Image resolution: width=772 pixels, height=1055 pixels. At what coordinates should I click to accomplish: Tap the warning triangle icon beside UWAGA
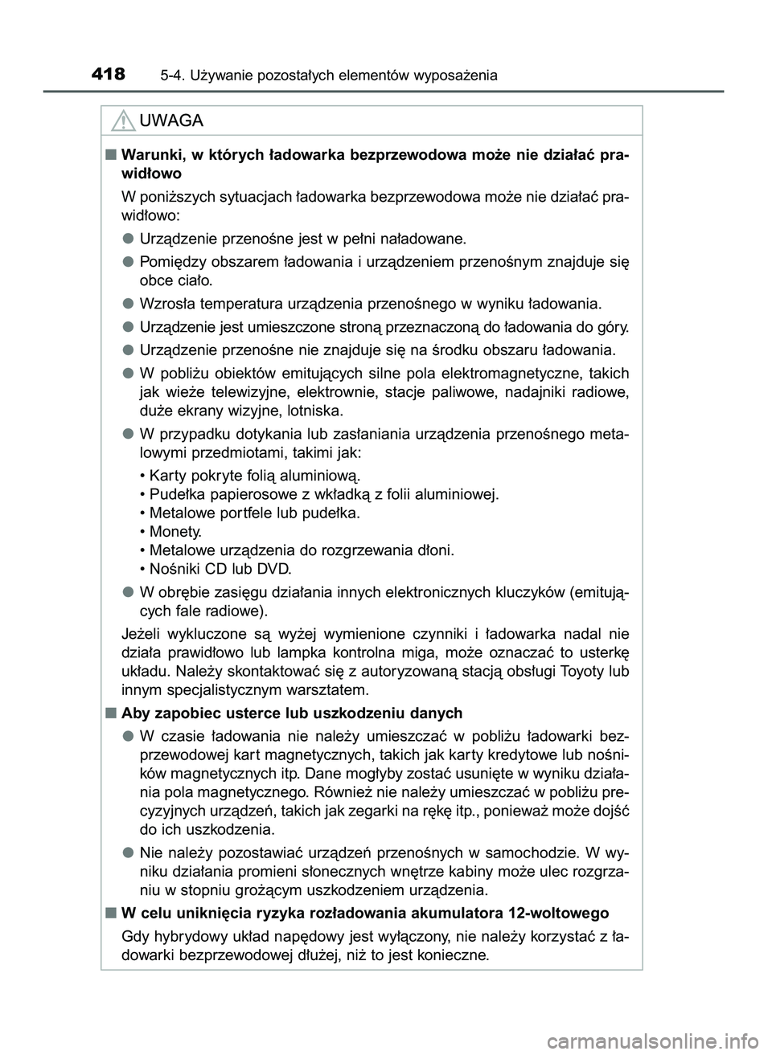(x=123, y=121)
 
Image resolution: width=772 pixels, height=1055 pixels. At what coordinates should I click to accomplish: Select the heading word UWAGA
(x=171, y=121)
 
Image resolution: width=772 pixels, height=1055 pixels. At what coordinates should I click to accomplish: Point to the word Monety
(x=175, y=531)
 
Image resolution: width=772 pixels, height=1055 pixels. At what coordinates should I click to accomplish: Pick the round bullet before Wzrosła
(x=127, y=304)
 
